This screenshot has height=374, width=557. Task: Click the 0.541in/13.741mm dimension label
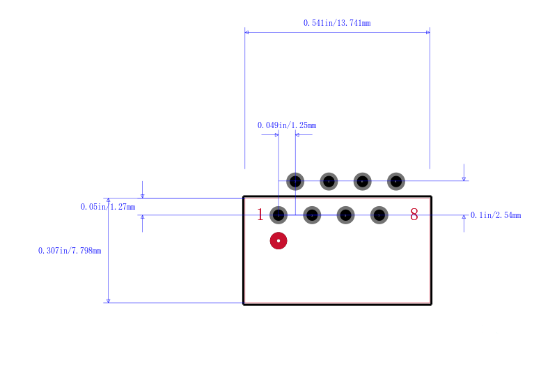click(337, 23)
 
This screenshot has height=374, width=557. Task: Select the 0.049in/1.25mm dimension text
click(287, 125)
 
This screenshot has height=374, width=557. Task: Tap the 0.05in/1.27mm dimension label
click(108, 207)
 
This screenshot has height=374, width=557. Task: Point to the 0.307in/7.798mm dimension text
click(70, 251)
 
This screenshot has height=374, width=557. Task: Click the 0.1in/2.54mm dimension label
click(496, 215)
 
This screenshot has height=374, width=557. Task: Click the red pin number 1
click(260, 215)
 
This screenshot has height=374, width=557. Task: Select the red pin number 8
click(414, 215)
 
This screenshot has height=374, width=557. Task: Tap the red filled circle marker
click(278, 241)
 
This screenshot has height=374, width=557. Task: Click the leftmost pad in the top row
click(295, 182)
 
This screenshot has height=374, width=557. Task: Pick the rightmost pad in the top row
click(396, 182)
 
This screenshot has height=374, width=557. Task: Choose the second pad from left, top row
click(329, 182)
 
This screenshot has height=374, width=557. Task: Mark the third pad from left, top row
click(362, 182)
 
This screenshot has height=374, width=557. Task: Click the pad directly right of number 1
click(278, 215)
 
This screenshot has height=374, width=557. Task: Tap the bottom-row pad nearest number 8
click(379, 215)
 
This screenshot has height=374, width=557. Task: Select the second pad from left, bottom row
click(312, 215)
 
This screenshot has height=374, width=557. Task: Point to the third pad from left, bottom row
click(345, 215)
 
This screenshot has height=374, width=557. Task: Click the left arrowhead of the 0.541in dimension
click(246, 32)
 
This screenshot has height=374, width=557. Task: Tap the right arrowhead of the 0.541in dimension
click(428, 32)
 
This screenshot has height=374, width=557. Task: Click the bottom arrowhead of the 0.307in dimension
click(109, 301)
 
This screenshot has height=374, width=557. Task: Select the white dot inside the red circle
click(278, 241)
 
